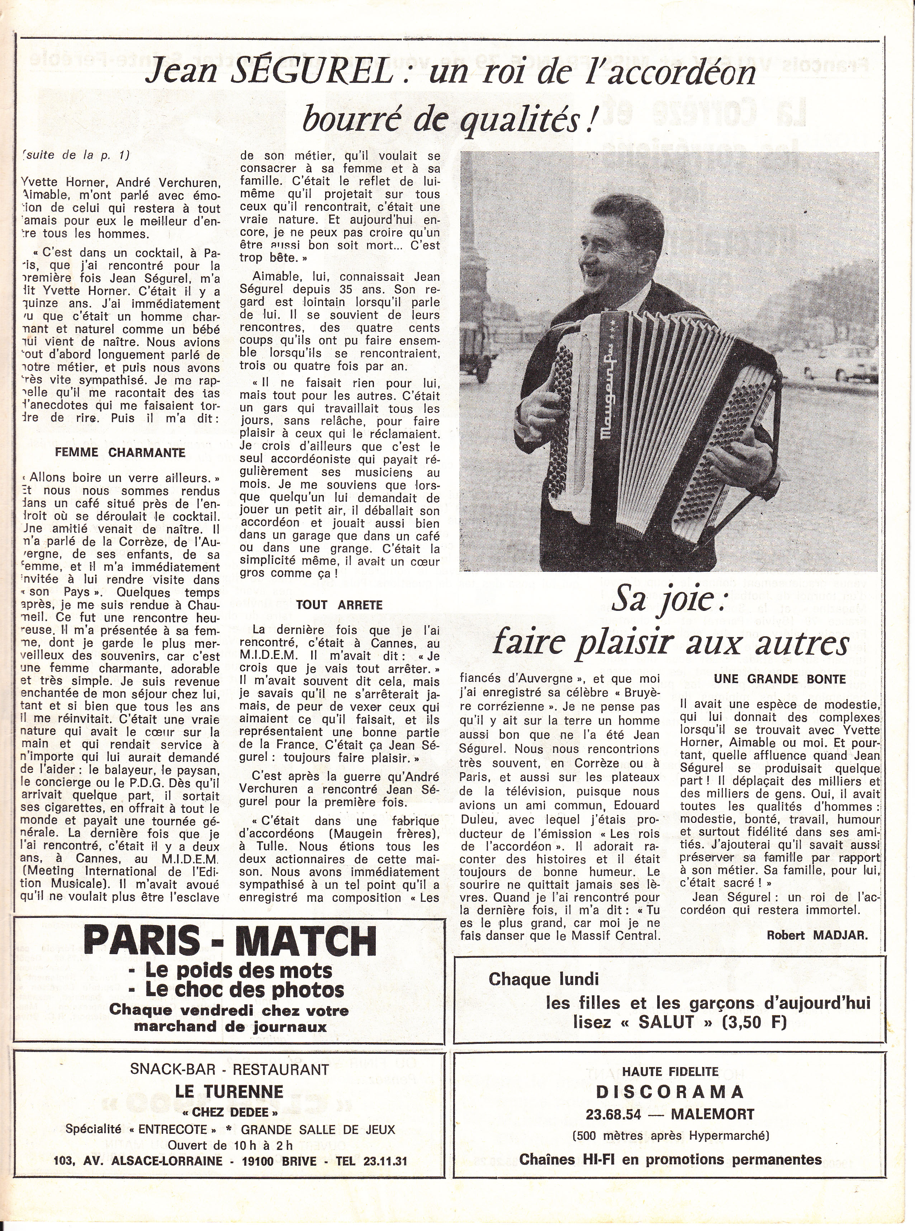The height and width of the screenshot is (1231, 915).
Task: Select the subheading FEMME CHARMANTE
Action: coord(120,453)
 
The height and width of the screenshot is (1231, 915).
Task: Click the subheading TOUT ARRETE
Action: coord(339,605)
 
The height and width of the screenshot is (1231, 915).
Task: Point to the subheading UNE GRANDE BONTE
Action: coord(780,680)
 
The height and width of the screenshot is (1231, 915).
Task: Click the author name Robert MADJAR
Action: coord(817,935)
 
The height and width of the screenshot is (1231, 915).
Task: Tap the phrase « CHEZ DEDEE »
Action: coord(229,1112)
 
